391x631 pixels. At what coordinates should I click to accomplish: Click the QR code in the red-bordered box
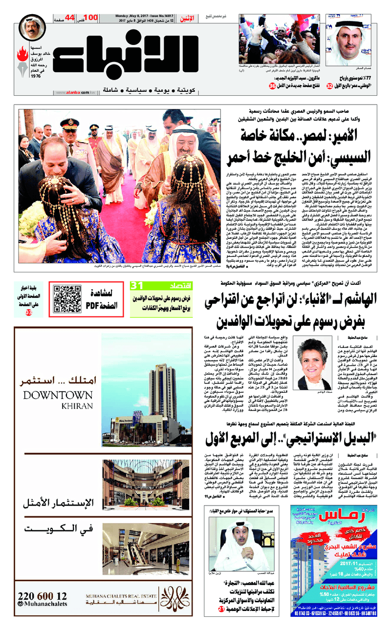click(66, 299)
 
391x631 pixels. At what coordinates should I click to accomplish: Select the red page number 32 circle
click(330, 86)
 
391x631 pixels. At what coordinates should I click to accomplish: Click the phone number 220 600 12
click(42, 596)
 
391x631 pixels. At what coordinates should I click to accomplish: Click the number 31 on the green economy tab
click(136, 285)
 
